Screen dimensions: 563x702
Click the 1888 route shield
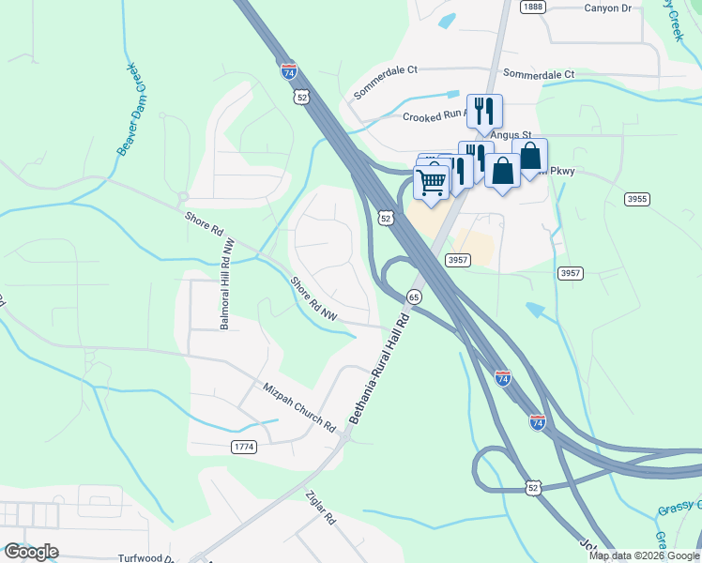click(533, 7)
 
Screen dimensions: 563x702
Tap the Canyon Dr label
click(611, 8)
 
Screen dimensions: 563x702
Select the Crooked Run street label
click(434, 116)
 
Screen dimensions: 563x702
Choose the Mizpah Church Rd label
click(298, 405)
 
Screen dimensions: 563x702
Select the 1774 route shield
click(243, 448)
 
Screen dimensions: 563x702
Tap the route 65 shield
click(413, 297)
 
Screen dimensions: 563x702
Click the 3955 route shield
click(637, 199)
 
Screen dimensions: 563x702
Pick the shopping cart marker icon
click(432, 181)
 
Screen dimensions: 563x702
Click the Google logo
click(32, 552)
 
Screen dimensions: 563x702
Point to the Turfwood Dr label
click(147, 557)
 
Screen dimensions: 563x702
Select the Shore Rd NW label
click(313, 298)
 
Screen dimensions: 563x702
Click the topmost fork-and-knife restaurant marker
click(484, 110)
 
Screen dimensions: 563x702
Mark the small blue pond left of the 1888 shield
click(447, 19)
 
